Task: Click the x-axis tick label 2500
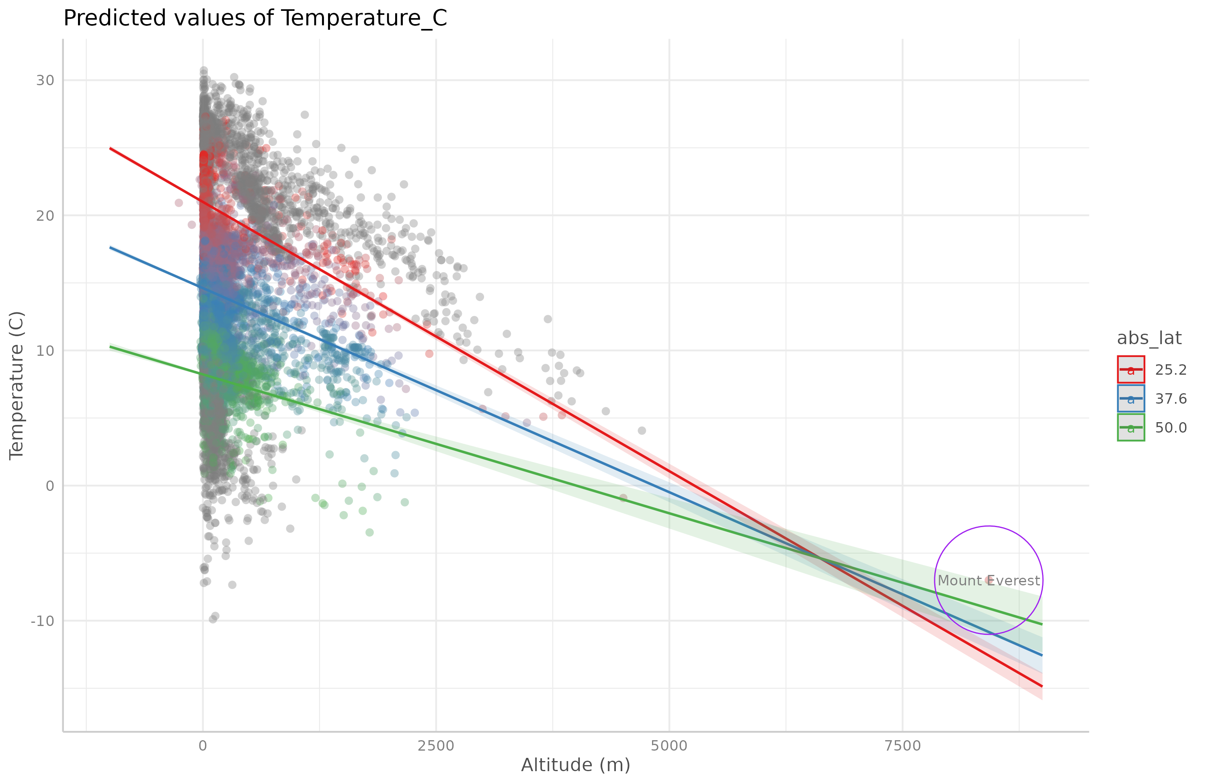click(x=436, y=746)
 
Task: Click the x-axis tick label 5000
click(x=669, y=746)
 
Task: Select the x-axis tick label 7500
click(x=902, y=746)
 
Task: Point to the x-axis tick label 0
click(x=203, y=746)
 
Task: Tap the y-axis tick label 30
click(x=45, y=80)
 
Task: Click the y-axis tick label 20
click(x=45, y=215)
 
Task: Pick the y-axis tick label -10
click(x=42, y=621)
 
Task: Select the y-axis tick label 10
click(x=45, y=351)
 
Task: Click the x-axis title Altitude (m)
click(x=576, y=765)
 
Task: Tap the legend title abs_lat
click(x=1149, y=338)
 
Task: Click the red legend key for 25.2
click(x=1130, y=369)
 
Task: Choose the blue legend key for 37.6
click(x=1130, y=398)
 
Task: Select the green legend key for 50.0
click(x=1130, y=428)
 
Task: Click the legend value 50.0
click(x=1171, y=428)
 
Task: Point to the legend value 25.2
click(x=1171, y=370)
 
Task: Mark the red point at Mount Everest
click(x=989, y=579)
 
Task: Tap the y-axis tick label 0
click(x=49, y=486)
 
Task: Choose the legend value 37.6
click(x=1171, y=399)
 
